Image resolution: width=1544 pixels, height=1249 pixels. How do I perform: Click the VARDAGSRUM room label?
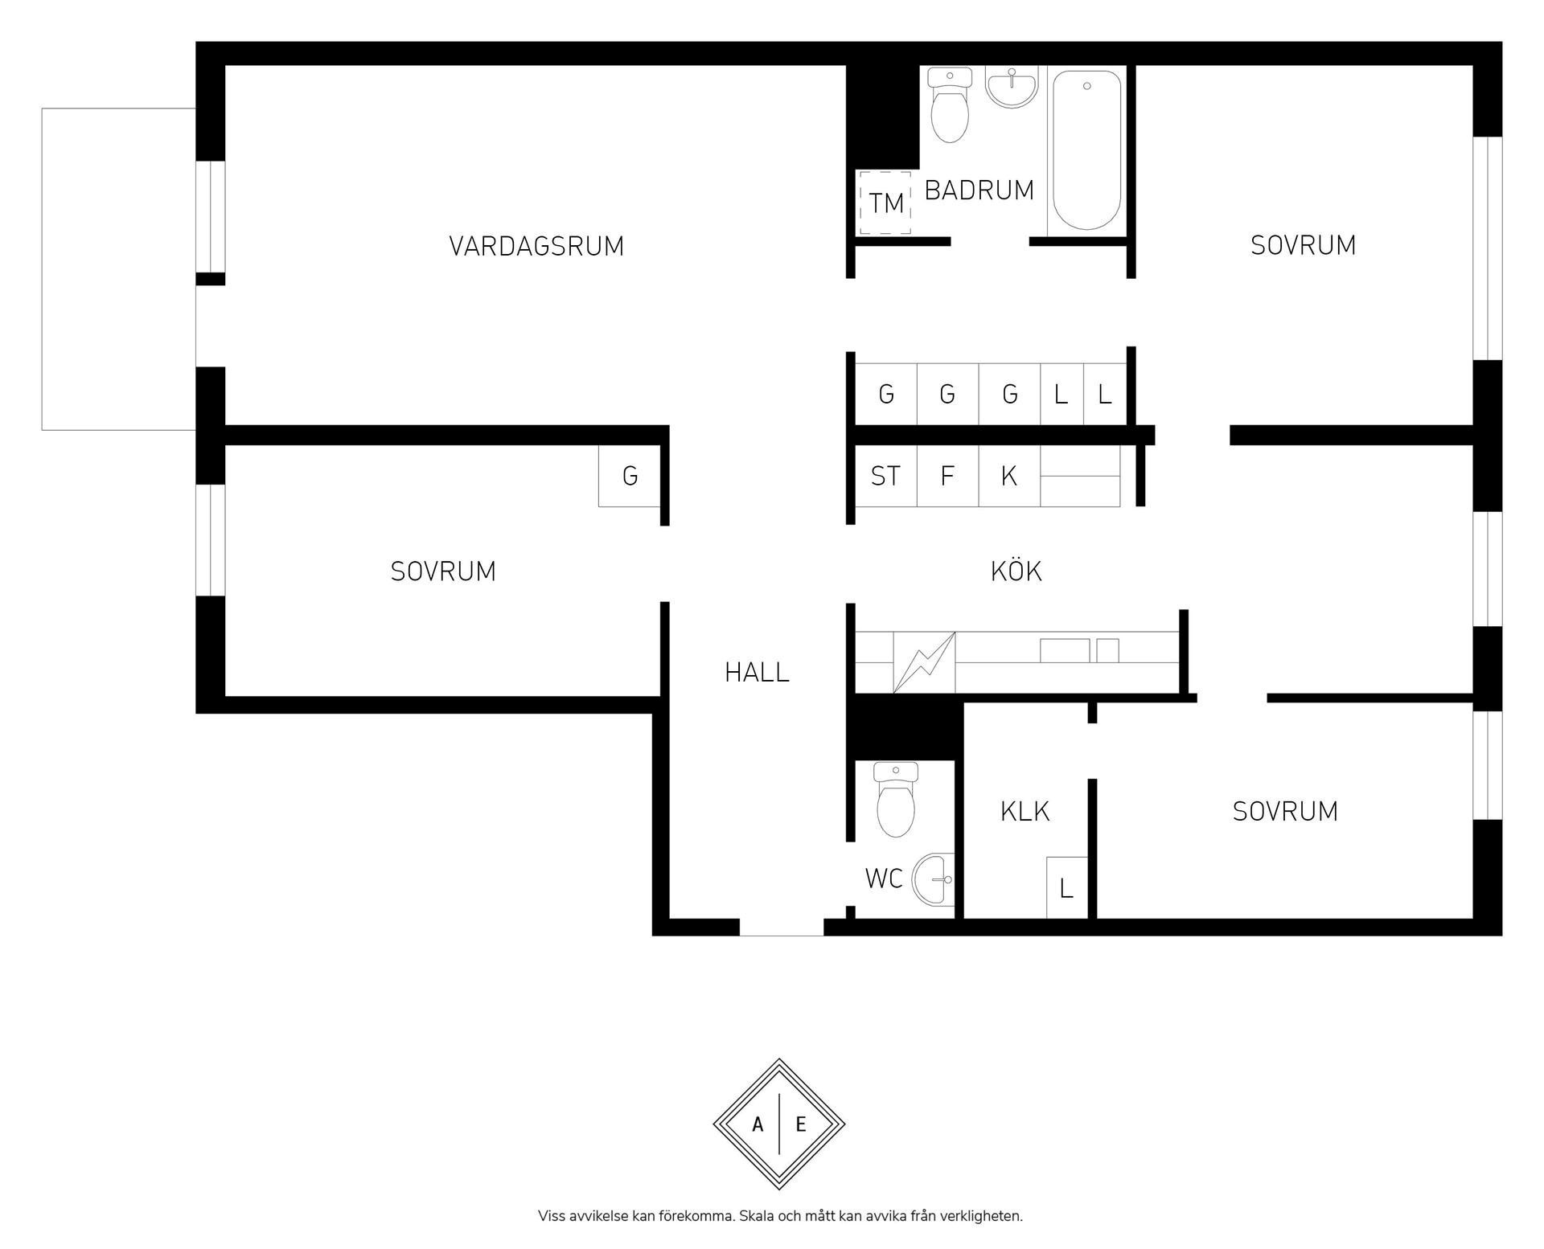point(536,246)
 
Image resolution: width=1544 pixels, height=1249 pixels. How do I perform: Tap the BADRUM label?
point(979,190)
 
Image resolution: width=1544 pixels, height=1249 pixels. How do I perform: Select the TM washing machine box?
point(885,203)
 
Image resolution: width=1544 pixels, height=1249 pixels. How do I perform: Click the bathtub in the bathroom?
point(1086,150)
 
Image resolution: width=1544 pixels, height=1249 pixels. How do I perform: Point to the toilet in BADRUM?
point(950,105)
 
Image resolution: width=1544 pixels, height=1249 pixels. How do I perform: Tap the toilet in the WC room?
point(896,800)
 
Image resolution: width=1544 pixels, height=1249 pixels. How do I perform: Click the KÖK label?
point(1016,571)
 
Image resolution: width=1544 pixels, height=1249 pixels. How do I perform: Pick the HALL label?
point(757,673)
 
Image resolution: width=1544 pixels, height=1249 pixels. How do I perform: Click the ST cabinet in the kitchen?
point(885,476)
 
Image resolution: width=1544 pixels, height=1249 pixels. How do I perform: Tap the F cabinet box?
point(947,476)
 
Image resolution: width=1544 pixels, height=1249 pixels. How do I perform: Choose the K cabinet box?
point(1009,476)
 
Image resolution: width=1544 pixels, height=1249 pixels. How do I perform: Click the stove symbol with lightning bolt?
point(924,662)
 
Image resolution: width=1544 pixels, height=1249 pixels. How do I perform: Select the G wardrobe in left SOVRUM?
point(630,476)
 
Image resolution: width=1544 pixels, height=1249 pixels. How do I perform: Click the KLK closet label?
point(1025,812)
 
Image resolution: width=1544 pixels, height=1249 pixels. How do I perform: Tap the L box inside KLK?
point(1066,887)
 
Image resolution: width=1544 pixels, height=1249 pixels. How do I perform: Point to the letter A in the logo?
point(758,1125)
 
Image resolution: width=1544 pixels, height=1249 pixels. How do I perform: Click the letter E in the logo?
point(801,1125)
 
